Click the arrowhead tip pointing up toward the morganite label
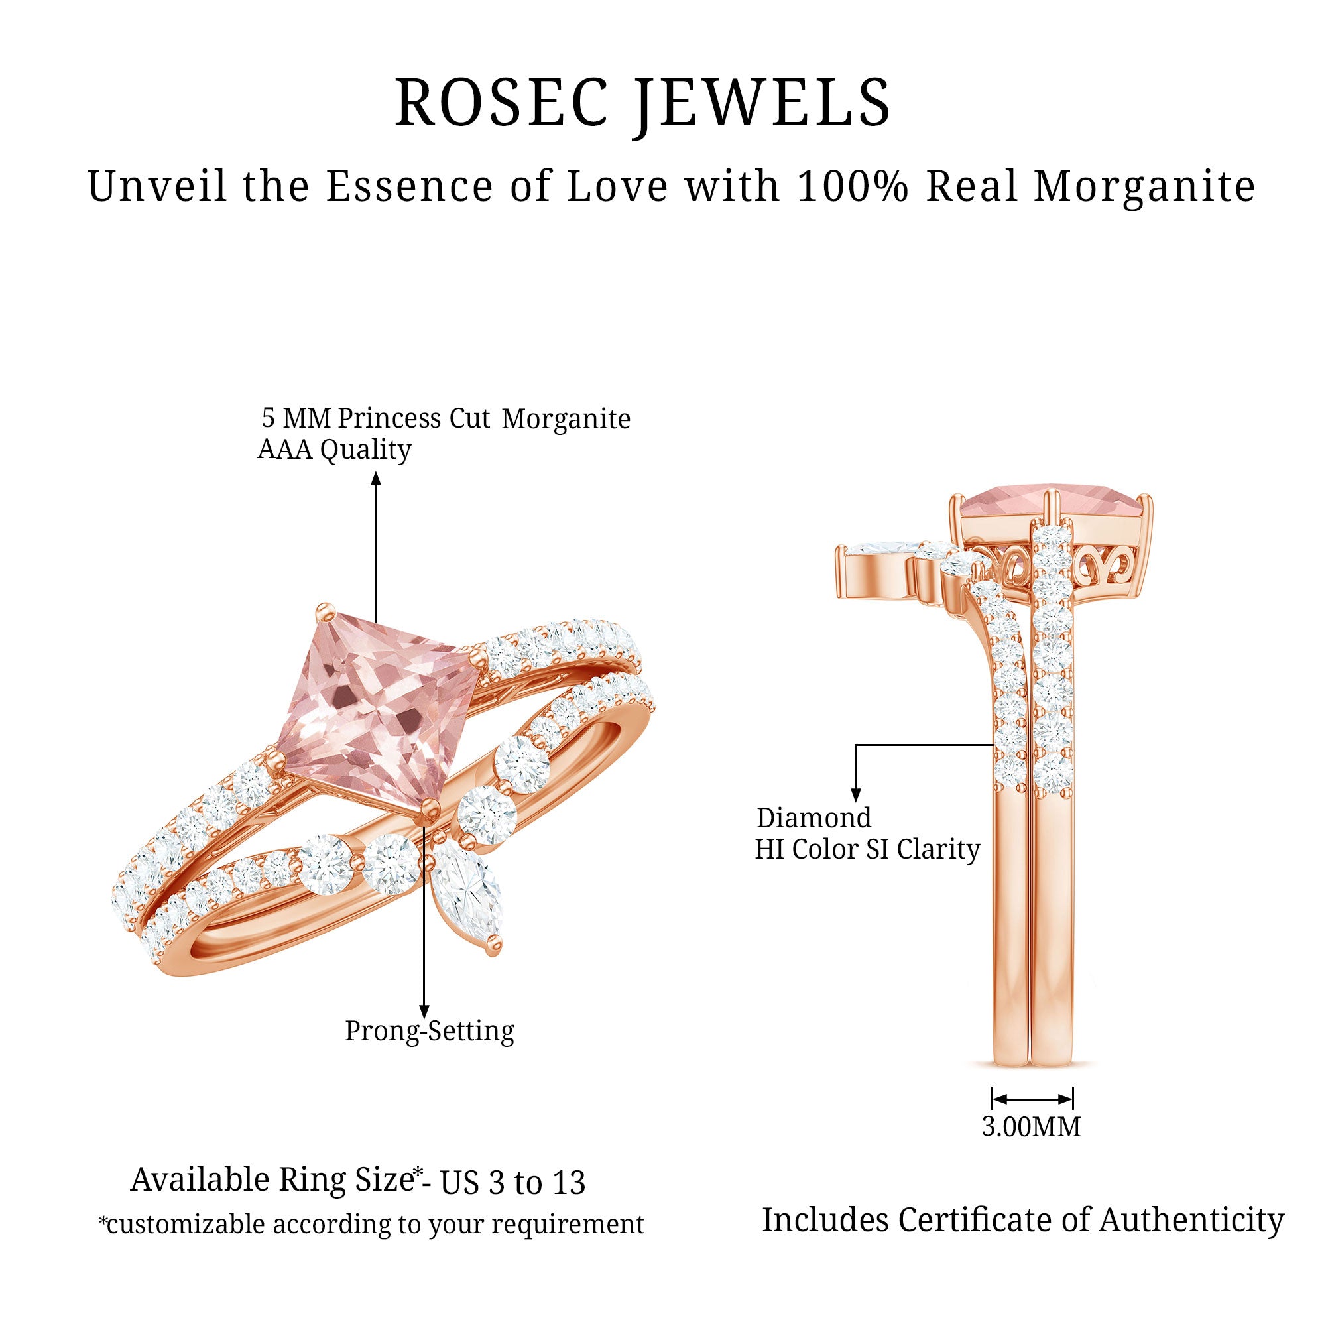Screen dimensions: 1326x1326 pos(375,472)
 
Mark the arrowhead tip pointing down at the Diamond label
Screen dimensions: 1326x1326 pos(855,802)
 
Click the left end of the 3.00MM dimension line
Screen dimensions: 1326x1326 pos(993,1099)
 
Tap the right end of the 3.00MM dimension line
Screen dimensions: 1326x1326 pos(1073,1099)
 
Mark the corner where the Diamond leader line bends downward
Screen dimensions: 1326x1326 pos(855,744)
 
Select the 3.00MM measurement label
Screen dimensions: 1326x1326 pos(1032,1127)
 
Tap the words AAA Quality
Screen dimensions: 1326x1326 pos(334,450)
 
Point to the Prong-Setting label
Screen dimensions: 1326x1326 pos(430,1031)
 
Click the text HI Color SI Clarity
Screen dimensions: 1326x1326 pos(867,850)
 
